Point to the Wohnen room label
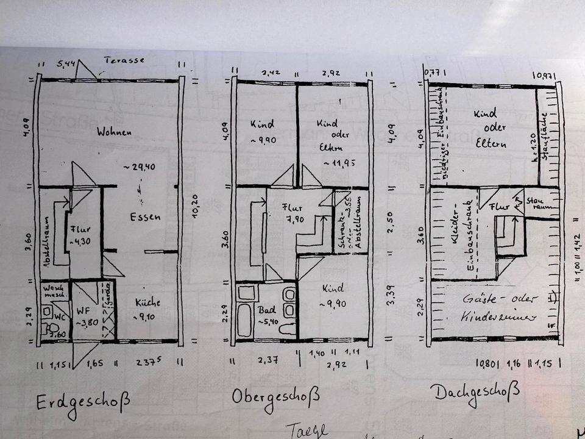[x=114, y=131]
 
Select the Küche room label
[x=147, y=302]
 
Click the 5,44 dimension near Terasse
[x=66, y=63]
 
